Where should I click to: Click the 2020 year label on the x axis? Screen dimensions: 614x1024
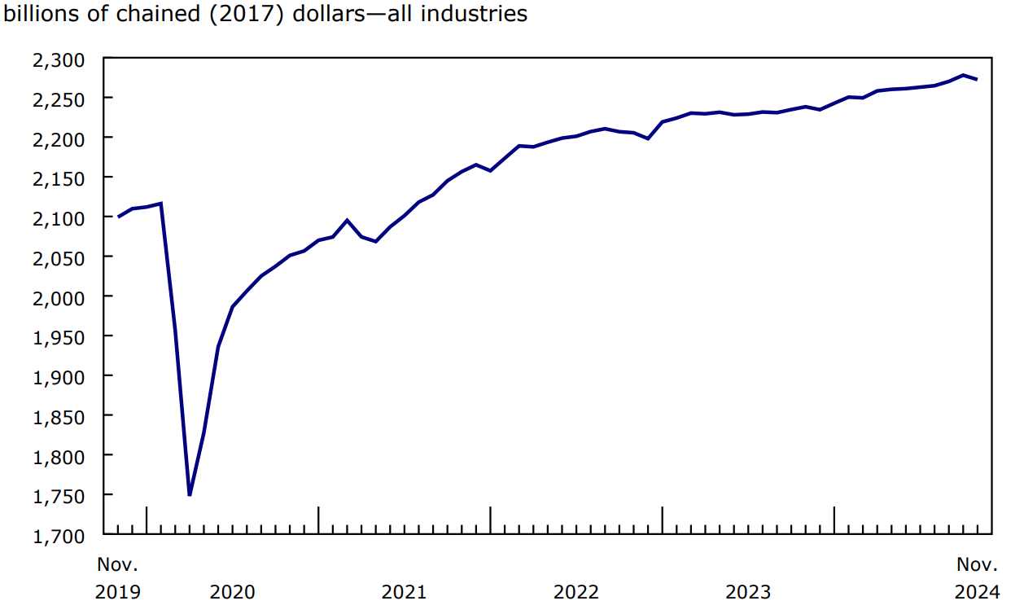[x=232, y=592]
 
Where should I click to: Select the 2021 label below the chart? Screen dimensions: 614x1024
[x=404, y=592]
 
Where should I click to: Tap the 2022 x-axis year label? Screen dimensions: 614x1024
[x=576, y=592]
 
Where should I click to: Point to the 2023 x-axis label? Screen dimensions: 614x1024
[x=748, y=592]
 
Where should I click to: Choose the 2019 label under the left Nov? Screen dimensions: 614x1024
[x=118, y=592]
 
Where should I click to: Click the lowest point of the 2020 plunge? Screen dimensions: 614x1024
[x=190, y=494]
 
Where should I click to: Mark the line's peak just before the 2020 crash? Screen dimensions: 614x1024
[x=161, y=204]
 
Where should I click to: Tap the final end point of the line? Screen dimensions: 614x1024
[x=978, y=79]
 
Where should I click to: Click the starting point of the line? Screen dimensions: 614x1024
[x=119, y=217]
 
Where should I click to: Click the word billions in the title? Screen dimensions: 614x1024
[x=37, y=14]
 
